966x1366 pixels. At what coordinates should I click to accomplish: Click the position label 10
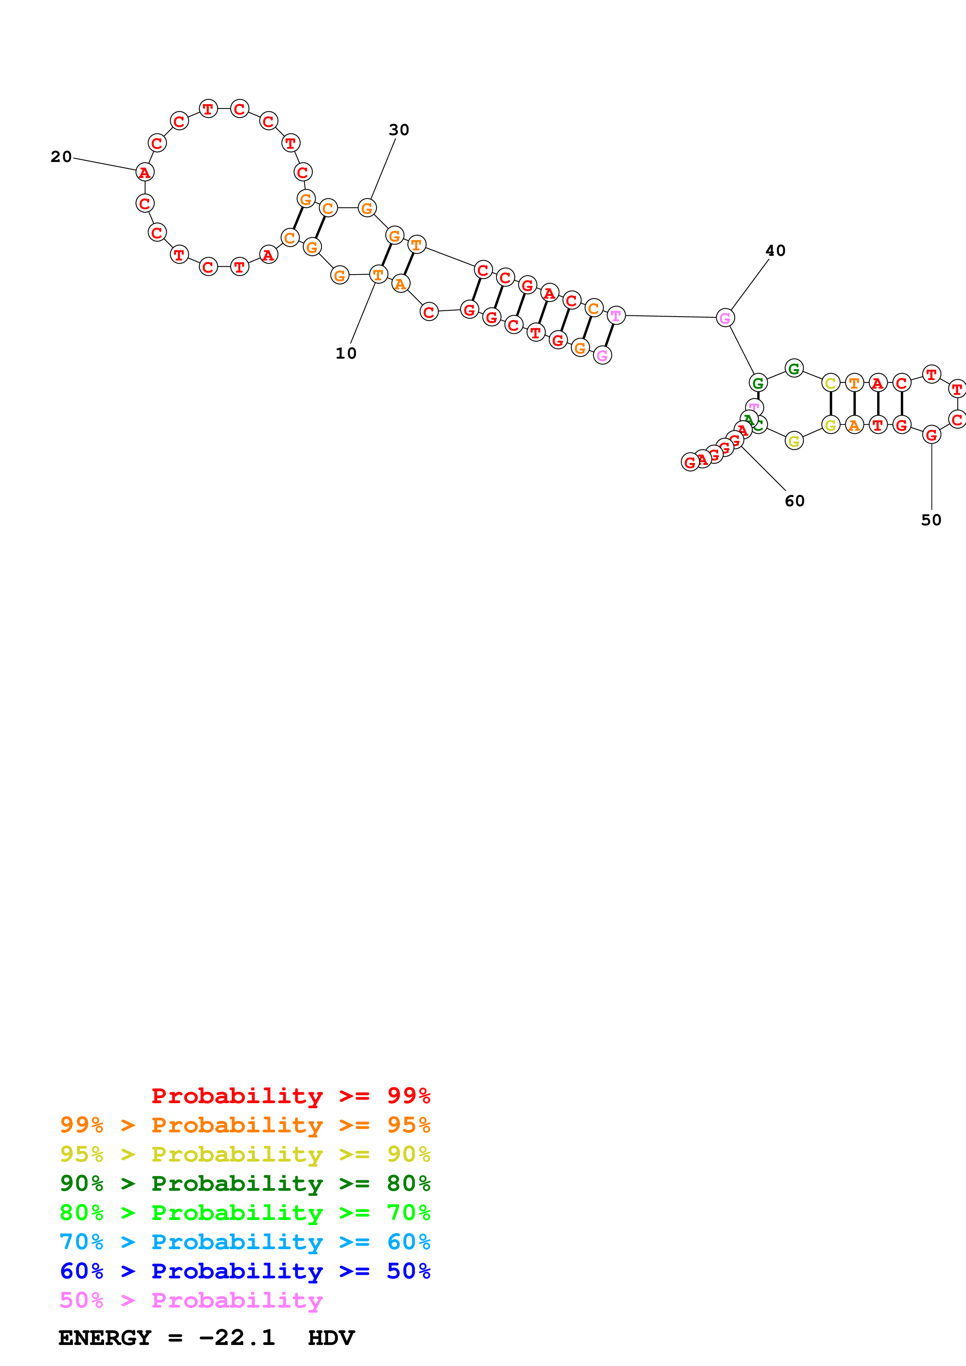346,354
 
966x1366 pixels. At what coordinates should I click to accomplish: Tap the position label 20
61,157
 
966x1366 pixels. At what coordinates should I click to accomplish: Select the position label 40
775,250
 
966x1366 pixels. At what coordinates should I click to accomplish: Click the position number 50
931,520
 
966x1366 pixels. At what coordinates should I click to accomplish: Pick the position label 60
794,501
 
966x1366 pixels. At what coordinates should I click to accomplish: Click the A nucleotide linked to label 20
145,173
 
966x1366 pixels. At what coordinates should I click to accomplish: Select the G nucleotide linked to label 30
367,208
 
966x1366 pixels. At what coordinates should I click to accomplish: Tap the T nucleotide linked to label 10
378,275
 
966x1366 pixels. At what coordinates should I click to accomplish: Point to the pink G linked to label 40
724,318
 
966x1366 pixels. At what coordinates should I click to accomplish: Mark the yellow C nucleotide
830,383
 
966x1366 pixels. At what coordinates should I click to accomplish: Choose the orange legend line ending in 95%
245,1125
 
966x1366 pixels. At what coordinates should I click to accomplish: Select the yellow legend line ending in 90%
245,1154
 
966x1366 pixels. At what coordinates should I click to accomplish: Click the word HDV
331,1338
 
